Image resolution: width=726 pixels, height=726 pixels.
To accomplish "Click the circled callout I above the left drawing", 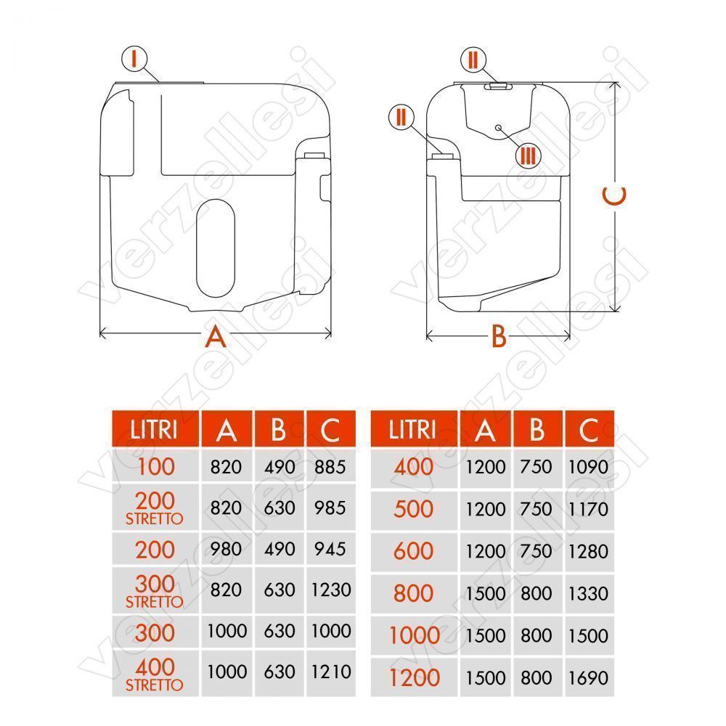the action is pyautogui.click(x=134, y=59).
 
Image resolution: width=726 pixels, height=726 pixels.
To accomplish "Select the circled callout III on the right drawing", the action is pyautogui.click(x=529, y=155).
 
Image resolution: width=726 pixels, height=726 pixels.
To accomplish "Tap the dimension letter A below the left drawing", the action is pyautogui.click(x=216, y=337).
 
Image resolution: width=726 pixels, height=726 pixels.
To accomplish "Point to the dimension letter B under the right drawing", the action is pyautogui.click(x=499, y=336).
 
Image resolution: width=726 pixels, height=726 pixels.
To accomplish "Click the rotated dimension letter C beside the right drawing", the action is pyautogui.click(x=614, y=195).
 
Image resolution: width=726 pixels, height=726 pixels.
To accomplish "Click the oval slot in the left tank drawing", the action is pyautogui.click(x=216, y=248).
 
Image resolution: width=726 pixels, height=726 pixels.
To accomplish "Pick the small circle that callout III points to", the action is pyautogui.click(x=498, y=127).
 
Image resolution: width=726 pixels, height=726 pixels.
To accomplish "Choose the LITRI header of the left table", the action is pyautogui.click(x=154, y=429).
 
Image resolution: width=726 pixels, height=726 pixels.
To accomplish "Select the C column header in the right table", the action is pyautogui.click(x=589, y=430).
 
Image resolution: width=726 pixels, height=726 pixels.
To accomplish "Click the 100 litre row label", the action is pyautogui.click(x=156, y=466).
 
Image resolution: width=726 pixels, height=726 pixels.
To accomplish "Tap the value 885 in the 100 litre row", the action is pyautogui.click(x=330, y=467).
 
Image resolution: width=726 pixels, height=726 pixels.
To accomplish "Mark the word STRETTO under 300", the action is pyautogui.click(x=155, y=602).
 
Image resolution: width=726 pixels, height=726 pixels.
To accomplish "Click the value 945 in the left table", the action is pyautogui.click(x=330, y=549).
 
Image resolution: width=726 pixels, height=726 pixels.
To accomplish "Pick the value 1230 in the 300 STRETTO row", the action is pyautogui.click(x=331, y=590).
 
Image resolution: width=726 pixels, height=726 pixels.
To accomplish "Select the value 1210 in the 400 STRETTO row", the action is pyautogui.click(x=331, y=672).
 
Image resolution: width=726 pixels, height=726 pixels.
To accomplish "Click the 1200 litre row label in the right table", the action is pyautogui.click(x=415, y=678).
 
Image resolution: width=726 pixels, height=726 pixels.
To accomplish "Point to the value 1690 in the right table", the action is pyautogui.click(x=588, y=678).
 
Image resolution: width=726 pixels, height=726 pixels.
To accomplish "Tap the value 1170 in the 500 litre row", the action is pyautogui.click(x=588, y=510).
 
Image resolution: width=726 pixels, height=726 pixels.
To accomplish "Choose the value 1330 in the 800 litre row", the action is pyautogui.click(x=588, y=594).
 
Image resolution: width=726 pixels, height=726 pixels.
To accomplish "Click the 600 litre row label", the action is pyautogui.click(x=414, y=551).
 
